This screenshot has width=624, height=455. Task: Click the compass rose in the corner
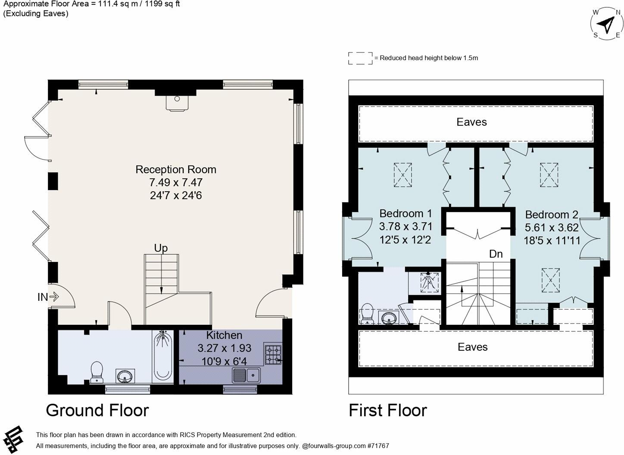(607, 24)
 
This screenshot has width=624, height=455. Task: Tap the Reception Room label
(176, 169)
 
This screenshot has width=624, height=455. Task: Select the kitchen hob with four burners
(272, 354)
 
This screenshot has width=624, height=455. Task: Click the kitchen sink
(246, 375)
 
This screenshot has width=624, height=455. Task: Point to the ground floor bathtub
(162, 356)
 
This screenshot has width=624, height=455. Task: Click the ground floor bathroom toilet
(97, 371)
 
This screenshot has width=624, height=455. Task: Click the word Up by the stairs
(161, 248)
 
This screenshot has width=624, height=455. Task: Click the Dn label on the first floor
(496, 254)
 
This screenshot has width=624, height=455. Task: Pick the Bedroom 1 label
(405, 213)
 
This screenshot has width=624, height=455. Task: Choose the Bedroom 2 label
(551, 215)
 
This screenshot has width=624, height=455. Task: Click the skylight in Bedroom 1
(402, 175)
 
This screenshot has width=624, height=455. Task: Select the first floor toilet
(367, 313)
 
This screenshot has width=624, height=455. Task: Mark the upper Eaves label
(471, 122)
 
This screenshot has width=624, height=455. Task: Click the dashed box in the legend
(360, 58)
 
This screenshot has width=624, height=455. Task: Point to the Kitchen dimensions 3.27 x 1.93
(224, 348)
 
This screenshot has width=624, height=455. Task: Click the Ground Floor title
(97, 410)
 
